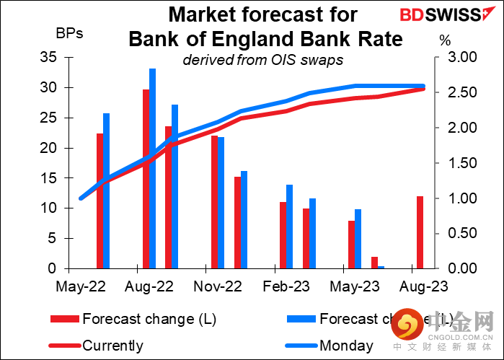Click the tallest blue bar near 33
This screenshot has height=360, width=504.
coord(153,168)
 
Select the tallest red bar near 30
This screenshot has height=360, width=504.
coord(146,179)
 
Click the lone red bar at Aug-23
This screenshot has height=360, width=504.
coord(420,232)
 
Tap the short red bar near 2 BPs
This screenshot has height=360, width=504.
coord(374,263)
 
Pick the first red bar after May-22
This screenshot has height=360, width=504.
coord(100,201)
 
